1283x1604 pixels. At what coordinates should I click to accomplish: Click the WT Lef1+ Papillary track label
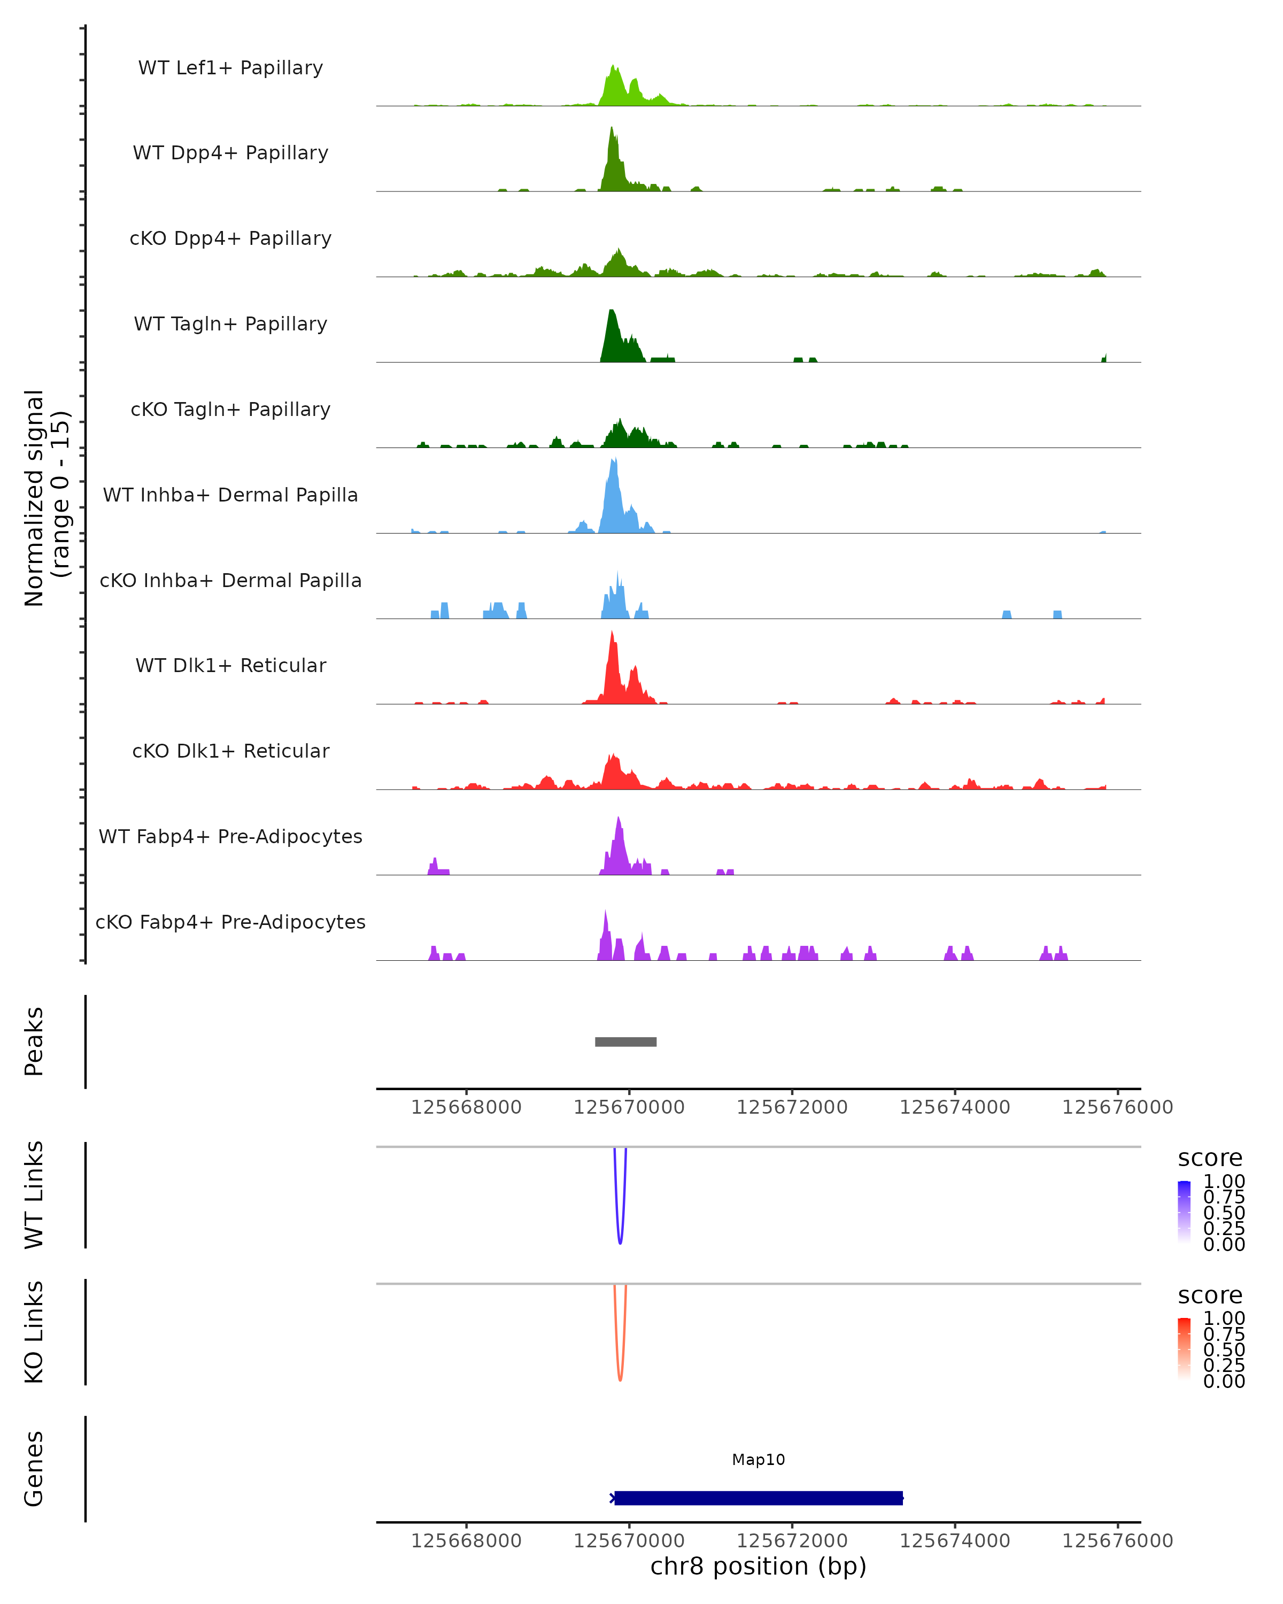pos(230,68)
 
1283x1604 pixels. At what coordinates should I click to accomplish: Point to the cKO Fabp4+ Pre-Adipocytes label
pos(230,922)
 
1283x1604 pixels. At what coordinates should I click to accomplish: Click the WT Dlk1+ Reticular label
pos(230,665)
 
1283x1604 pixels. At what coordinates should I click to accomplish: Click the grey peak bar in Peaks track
pos(625,1042)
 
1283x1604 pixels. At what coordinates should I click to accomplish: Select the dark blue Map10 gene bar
pos(758,1498)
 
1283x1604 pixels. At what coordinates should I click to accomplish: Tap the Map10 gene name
pos(758,1460)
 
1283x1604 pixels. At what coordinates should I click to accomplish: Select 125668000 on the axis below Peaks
pos(466,1107)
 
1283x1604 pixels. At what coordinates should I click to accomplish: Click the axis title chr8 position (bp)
pos(758,1566)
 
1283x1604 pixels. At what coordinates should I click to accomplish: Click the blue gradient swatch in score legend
pos(1184,1211)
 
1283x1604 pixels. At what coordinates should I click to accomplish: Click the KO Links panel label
pos(34,1332)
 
